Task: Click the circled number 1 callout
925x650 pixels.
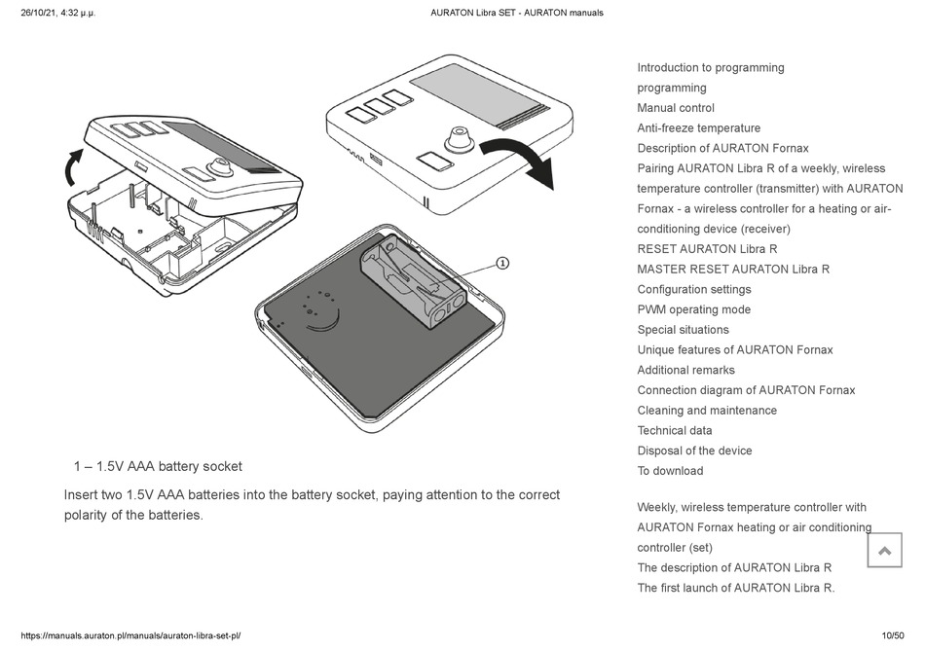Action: pos(502,263)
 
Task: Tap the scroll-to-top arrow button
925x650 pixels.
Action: pos(884,551)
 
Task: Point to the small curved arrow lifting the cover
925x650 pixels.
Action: pos(71,167)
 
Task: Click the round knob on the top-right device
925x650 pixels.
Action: pos(456,140)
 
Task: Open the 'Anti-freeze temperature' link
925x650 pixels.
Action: pos(698,127)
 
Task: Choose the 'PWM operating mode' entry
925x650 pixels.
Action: pos(693,309)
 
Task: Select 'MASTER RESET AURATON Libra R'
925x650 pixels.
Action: pos(733,269)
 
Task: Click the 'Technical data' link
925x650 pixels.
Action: pos(675,430)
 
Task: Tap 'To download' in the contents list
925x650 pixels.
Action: pos(670,471)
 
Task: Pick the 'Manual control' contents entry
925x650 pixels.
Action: pos(676,108)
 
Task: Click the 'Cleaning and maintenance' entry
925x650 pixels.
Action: pos(707,411)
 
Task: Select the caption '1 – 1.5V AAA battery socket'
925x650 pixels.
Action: pos(158,466)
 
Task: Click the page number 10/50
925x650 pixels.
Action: pos(893,635)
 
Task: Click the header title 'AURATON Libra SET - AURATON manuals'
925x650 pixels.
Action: pos(517,13)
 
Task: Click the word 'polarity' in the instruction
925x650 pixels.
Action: pos(90,515)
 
